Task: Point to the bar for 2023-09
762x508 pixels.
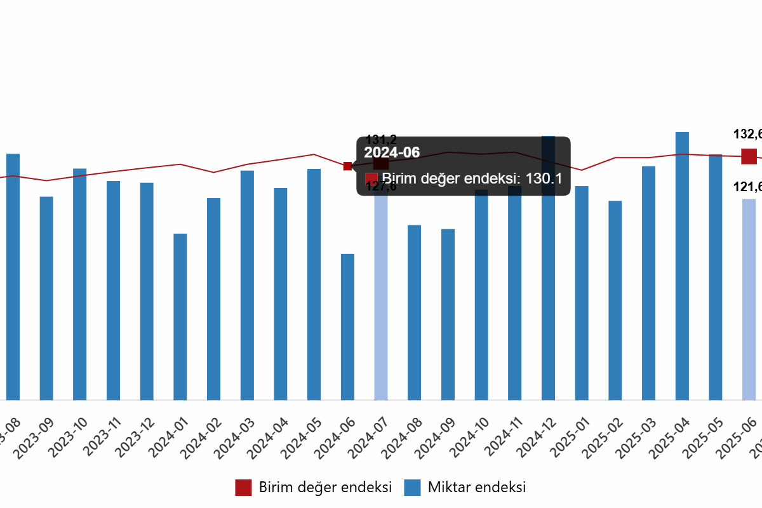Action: click(x=46, y=298)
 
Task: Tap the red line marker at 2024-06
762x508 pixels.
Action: click(x=347, y=166)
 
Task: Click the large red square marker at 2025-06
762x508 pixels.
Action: click(x=749, y=156)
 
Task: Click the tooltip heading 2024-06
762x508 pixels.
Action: click(x=392, y=152)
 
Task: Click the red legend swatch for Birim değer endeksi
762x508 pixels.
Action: click(x=243, y=488)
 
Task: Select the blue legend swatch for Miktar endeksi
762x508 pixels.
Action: click(x=412, y=488)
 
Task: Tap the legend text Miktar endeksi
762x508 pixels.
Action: click(x=477, y=488)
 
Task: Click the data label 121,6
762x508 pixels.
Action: click(x=747, y=187)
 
